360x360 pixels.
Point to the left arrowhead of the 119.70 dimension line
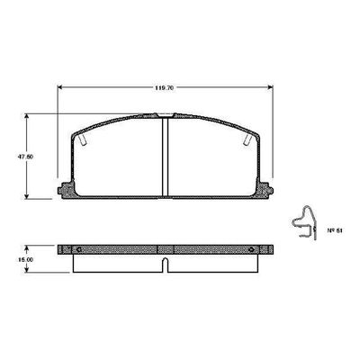61,86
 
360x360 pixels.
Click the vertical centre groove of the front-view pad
165,157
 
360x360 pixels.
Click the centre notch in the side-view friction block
166,264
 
